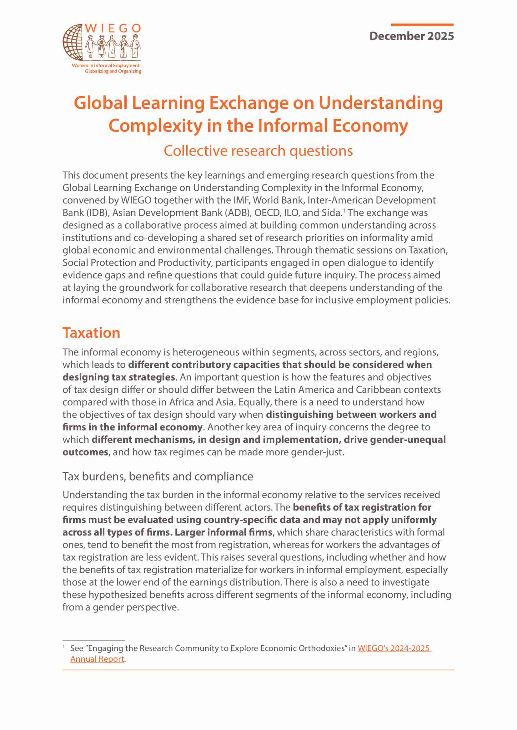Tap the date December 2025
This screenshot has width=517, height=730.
pyautogui.click(x=411, y=36)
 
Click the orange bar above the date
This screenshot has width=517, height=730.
pyautogui.click(x=422, y=25)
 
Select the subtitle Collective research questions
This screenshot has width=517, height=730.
pyautogui.click(x=258, y=151)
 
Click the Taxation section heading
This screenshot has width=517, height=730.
pyautogui.click(x=91, y=333)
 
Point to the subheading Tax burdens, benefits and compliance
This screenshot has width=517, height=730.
pyautogui.click(x=158, y=476)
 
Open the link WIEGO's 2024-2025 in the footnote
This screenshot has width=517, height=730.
pyautogui.click(x=394, y=648)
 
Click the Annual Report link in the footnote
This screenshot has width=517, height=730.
pyautogui.click(x=97, y=659)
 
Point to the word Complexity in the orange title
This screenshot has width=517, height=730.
pyautogui.click(x=155, y=126)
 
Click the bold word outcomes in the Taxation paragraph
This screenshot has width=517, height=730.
pyautogui.click(x=85, y=452)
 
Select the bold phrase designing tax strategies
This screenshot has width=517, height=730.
pyautogui.click(x=119, y=377)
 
